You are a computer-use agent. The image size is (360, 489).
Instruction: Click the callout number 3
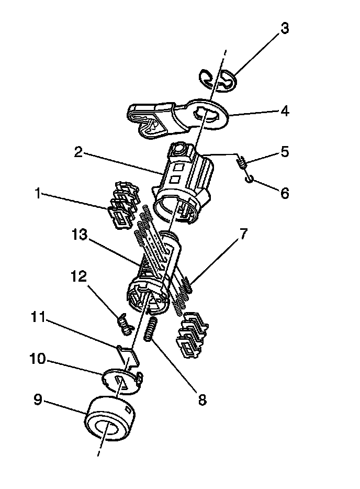(x=284, y=28)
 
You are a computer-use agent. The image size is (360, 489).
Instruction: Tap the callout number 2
(x=78, y=152)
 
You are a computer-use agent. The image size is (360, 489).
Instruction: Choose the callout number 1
(x=37, y=194)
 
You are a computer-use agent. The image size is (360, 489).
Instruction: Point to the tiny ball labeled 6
(x=249, y=179)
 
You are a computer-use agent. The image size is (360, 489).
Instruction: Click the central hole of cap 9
(x=106, y=430)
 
